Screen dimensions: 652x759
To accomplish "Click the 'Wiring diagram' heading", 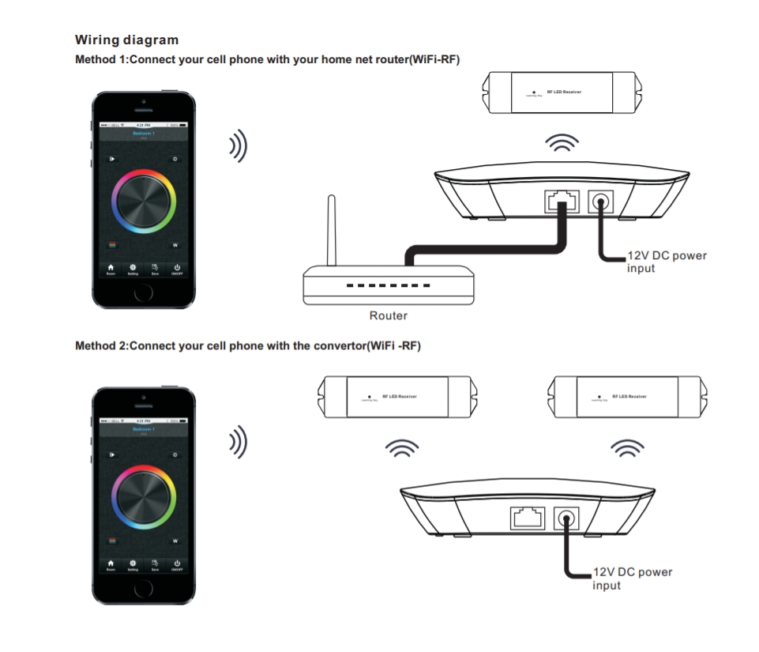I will pyautogui.click(x=126, y=40).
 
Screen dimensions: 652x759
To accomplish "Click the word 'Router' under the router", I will pyautogui.click(x=389, y=315).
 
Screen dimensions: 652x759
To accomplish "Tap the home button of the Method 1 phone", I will pyautogui.click(x=143, y=293).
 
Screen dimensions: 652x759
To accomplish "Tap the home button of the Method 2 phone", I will pyautogui.click(x=143, y=590).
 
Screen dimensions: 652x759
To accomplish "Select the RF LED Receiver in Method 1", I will pyautogui.click(x=563, y=92).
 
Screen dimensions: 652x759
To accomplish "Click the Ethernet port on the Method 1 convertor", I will pyautogui.click(x=556, y=202).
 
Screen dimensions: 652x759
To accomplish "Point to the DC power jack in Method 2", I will pyautogui.click(x=566, y=518).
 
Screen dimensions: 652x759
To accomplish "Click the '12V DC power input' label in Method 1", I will pyautogui.click(x=667, y=262).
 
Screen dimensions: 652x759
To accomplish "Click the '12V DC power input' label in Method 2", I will pyautogui.click(x=632, y=579).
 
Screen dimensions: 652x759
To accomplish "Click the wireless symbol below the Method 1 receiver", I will pyautogui.click(x=563, y=142).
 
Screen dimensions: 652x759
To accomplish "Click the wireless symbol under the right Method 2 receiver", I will pyautogui.click(x=629, y=449).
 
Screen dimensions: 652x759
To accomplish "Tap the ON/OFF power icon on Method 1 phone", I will pyautogui.click(x=177, y=269).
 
